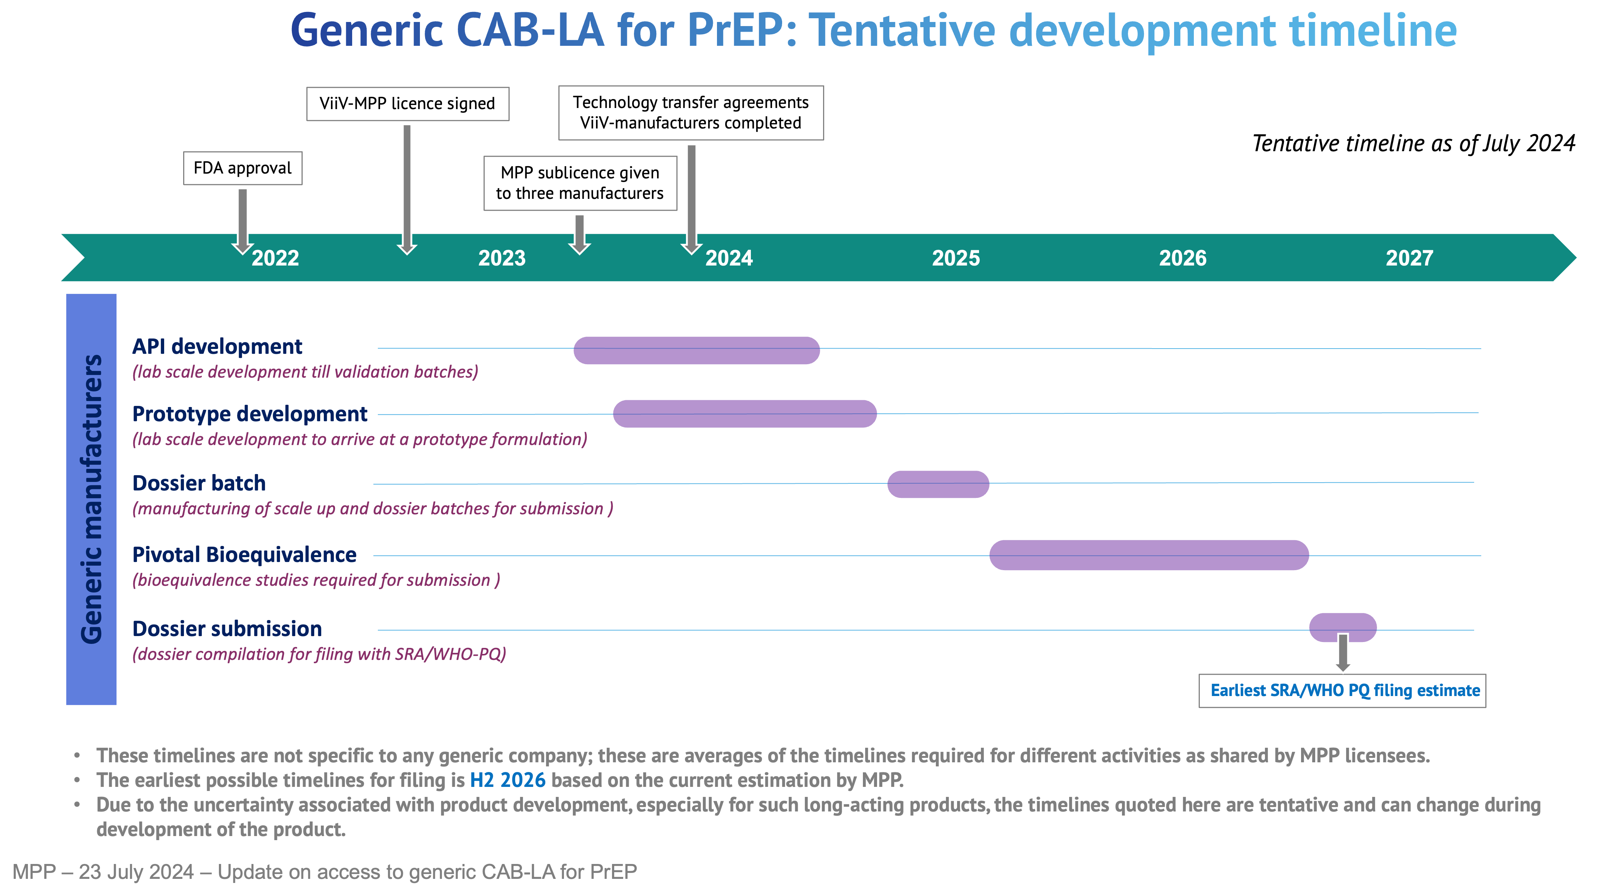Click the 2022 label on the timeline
tap(275, 258)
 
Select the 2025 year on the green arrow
tap(956, 258)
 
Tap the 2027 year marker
tap(1410, 258)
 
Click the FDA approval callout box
tap(242, 168)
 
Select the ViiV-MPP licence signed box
tap(407, 104)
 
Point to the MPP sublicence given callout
tap(580, 183)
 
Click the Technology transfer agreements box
tap(691, 113)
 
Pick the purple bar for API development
tap(696, 350)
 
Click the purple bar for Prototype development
tap(745, 414)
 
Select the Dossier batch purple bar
tap(938, 484)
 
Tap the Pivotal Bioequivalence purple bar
tap(1149, 555)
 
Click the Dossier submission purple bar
tap(1343, 627)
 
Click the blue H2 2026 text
tap(508, 780)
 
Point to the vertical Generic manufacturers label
tap(91, 499)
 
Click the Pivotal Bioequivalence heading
tap(244, 555)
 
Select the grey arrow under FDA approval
tap(242, 221)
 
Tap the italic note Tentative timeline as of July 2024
tap(1413, 144)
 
